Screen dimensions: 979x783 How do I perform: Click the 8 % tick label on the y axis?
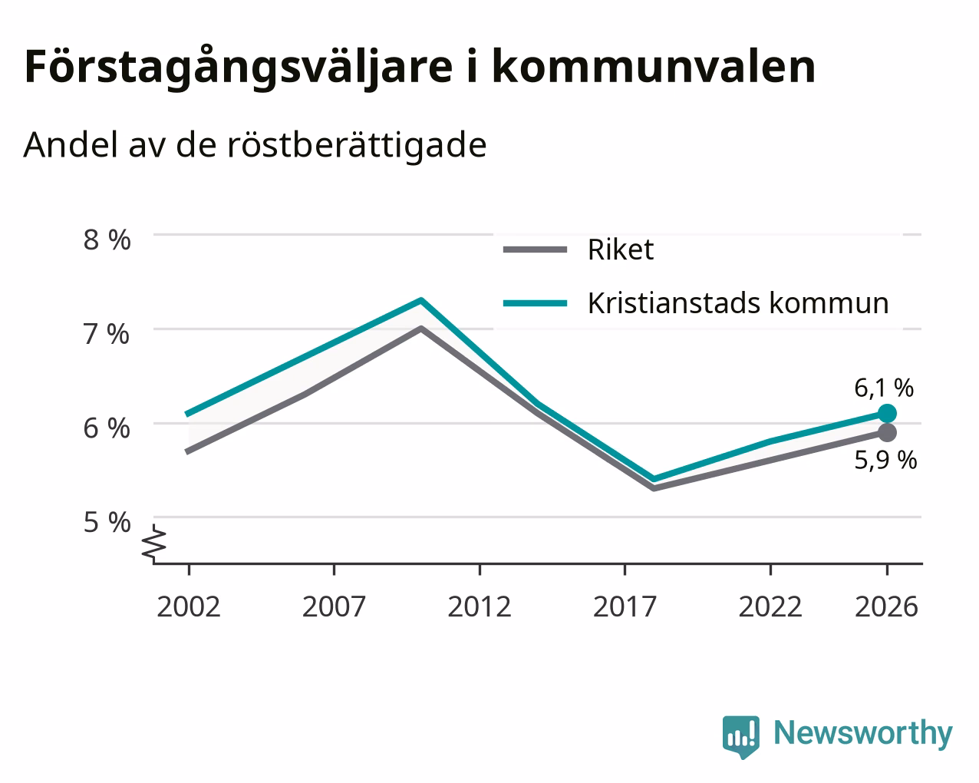(107, 240)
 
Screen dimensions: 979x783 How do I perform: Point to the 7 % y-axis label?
(107, 335)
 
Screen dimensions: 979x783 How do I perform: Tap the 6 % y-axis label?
(107, 428)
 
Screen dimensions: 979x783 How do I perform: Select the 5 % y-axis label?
(107, 522)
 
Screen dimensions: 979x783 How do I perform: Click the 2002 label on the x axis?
(188, 606)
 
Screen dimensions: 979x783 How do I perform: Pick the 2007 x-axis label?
(334, 606)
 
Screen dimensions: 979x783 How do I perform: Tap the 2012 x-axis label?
(480, 606)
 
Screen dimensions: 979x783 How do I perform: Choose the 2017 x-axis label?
(625, 606)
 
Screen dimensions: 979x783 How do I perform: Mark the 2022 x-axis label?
(770, 606)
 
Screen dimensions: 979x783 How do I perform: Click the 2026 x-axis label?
(887, 606)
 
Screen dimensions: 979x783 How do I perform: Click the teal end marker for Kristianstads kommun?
(887, 414)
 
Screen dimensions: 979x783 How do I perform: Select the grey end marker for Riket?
(887, 432)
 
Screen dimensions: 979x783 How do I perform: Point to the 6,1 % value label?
(884, 388)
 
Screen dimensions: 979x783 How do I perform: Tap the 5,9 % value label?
(885, 461)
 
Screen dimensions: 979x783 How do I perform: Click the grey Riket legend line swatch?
(535, 249)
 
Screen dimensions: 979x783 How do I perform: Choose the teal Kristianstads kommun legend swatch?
(535, 303)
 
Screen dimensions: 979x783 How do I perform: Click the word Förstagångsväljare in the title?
(239, 68)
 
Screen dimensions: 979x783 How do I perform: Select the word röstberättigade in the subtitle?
(357, 145)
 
